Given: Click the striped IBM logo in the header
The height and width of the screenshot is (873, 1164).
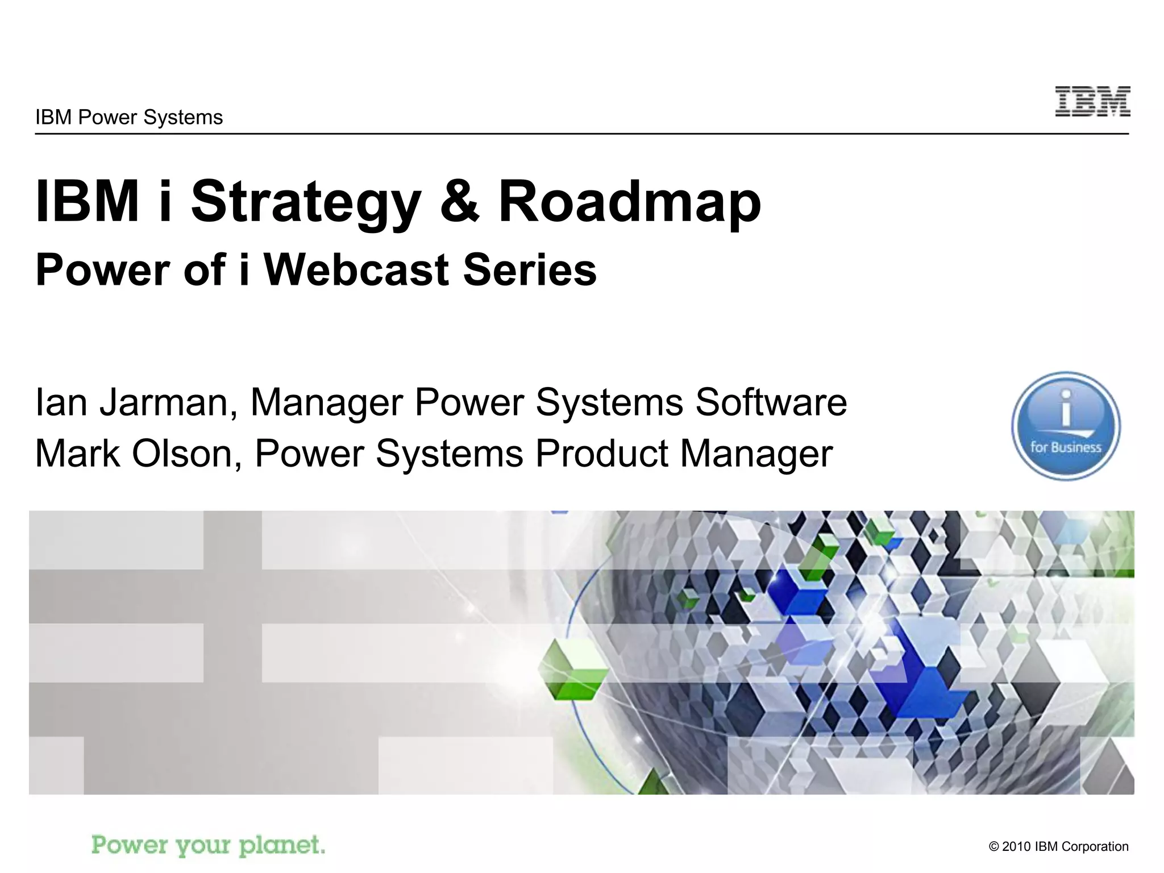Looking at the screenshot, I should click(1092, 102).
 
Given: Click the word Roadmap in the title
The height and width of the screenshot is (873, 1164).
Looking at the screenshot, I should click(629, 202).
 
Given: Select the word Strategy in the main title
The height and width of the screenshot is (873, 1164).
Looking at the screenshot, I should click(306, 202).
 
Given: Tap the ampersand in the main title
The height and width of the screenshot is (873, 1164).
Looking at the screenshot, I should click(459, 202).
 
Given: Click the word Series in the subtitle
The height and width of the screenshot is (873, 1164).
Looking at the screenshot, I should click(530, 270).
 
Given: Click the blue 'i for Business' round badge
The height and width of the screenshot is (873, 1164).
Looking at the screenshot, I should click(1066, 426).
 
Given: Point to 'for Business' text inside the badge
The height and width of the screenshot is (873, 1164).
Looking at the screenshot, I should click(1066, 447).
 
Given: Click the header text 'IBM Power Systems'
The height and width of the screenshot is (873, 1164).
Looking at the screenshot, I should click(129, 118).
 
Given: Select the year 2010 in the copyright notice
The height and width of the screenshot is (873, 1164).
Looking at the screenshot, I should click(1016, 846).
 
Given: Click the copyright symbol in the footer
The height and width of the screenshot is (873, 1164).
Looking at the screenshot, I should click(994, 847).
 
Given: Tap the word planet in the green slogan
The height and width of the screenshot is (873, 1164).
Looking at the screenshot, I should click(282, 845).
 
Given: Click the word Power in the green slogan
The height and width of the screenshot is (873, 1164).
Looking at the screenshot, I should click(130, 845).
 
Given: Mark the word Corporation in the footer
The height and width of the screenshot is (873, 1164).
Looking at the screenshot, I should click(1095, 846).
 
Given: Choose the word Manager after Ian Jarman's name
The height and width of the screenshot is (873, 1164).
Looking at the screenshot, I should click(326, 402).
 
